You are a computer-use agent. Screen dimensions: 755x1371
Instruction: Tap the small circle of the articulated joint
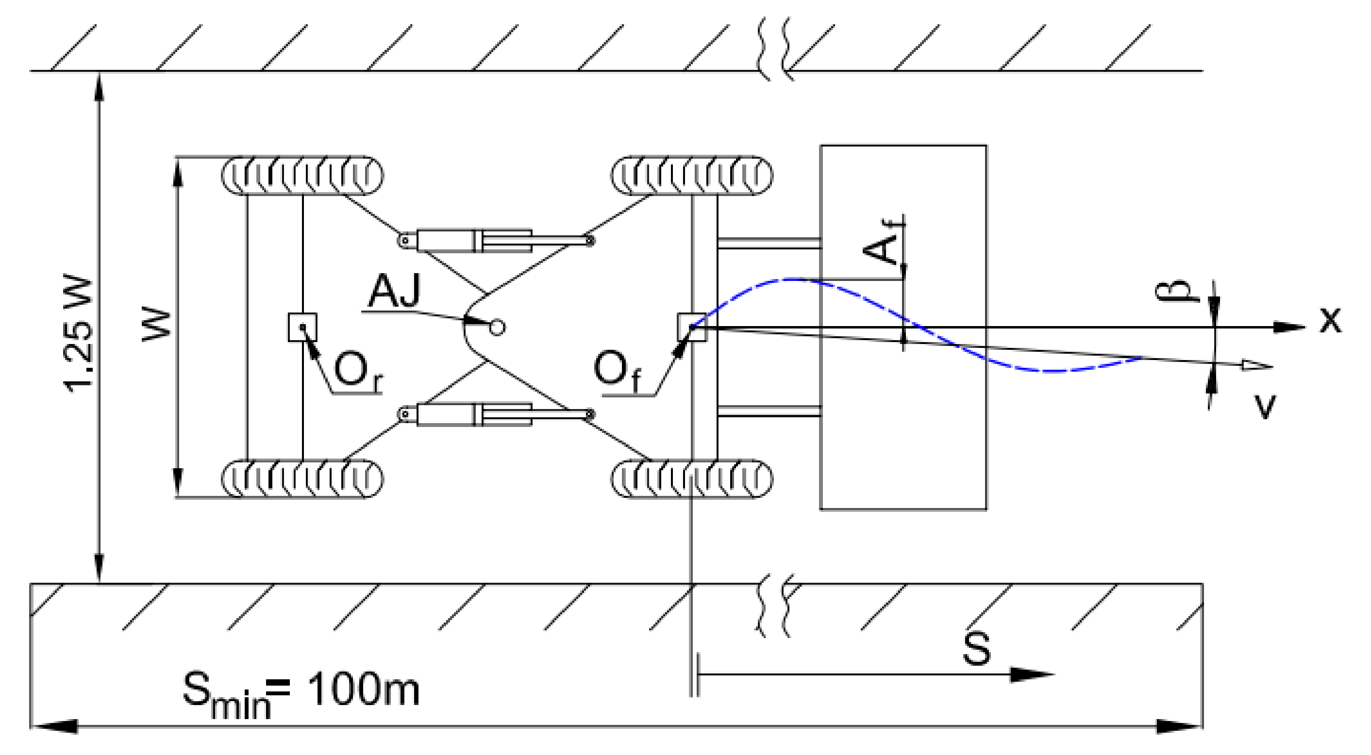[497, 327]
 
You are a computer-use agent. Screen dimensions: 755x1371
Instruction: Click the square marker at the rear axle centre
[302, 327]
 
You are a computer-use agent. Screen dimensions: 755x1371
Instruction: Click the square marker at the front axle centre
[691, 327]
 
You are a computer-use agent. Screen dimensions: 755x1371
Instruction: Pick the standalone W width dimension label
[157, 323]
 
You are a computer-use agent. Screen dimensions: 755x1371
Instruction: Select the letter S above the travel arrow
[977, 649]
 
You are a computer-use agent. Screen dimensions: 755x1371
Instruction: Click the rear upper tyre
[302, 176]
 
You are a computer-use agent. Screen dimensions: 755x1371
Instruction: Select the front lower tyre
[691, 479]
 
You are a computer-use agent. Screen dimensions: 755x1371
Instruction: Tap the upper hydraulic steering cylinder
[474, 241]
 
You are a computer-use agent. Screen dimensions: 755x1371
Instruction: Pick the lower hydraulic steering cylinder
[474, 414]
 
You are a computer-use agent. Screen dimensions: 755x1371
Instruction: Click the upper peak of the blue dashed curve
[793, 279]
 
